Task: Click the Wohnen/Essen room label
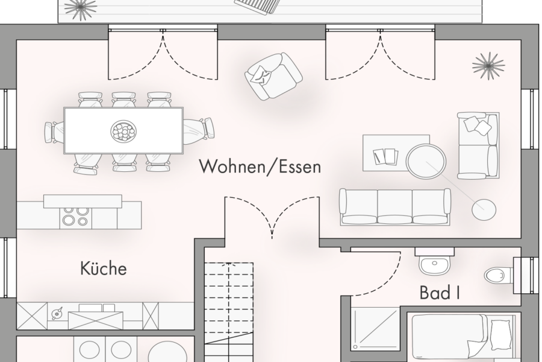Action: click(260, 167)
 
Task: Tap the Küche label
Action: click(104, 268)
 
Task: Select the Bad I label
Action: click(440, 294)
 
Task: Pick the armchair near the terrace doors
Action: click(273, 76)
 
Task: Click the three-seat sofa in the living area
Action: click(394, 207)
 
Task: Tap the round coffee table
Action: click(426, 159)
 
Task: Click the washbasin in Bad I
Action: click(434, 264)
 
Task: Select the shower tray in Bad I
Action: click(375, 329)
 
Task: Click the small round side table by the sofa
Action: click(485, 209)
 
